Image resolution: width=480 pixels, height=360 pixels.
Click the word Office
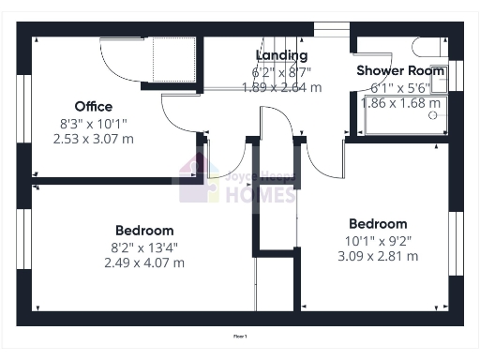[x=94, y=106]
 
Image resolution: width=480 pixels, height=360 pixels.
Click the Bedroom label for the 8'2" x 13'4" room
[x=144, y=231]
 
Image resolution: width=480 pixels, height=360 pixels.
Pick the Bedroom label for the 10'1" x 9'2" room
[x=378, y=224]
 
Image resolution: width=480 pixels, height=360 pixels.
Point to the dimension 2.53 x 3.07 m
[x=94, y=138]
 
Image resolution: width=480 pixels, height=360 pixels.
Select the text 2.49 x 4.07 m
[x=144, y=262]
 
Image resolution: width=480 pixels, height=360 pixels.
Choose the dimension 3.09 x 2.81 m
[x=378, y=256]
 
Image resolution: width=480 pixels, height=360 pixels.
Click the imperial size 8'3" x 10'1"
[x=94, y=122]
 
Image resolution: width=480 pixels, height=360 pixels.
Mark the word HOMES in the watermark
[x=260, y=195]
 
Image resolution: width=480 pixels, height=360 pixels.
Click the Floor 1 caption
[x=240, y=335]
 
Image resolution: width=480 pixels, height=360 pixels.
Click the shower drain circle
[x=433, y=118]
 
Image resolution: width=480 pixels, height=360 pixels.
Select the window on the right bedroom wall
[x=458, y=243]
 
